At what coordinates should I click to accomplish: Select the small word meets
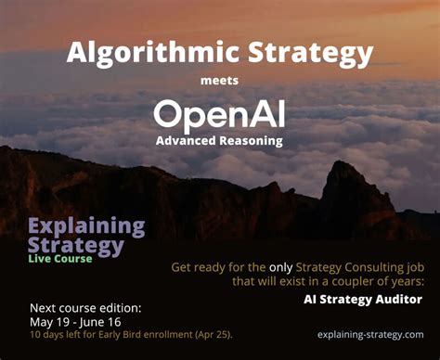click(x=219, y=81)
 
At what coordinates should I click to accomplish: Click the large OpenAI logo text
click(x=219, y=114)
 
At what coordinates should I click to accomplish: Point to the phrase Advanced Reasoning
click(x=219, y=141)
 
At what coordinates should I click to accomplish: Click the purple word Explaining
click(x=86, y=225)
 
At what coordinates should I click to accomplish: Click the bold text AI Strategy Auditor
click(x=362, y=299)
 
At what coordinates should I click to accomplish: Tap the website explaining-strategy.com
click(x=369, y=334)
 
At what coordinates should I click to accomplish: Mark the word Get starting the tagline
click(x=182, y=267)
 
